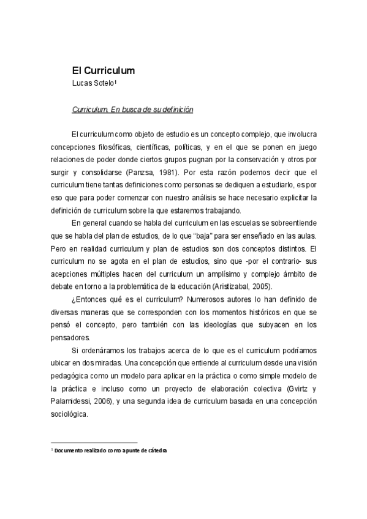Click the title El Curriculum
click(103, 70)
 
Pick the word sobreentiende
click(287, 222)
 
